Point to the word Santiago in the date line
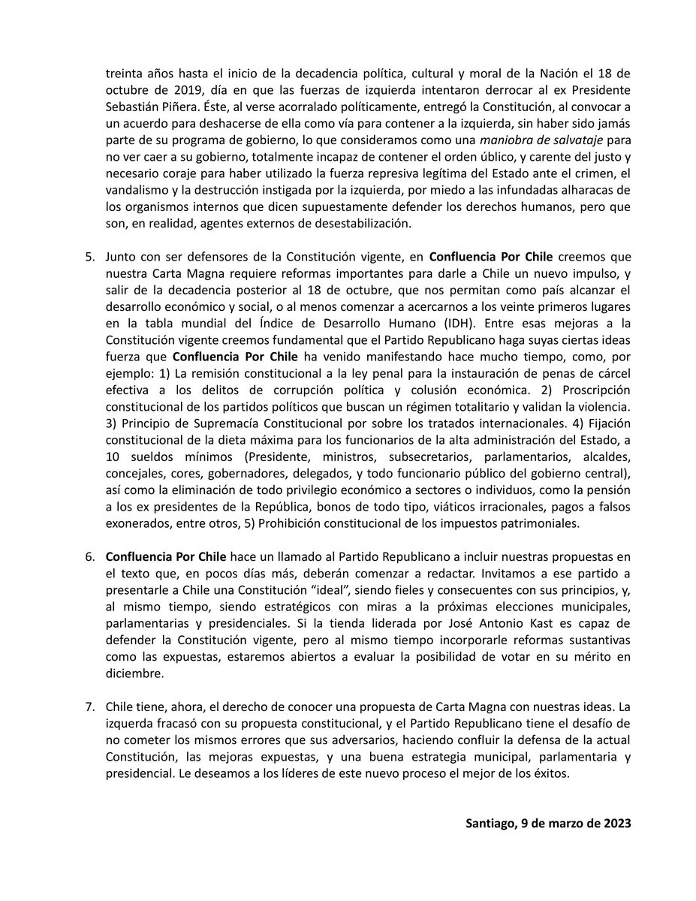pyautogui.click(x=490, y=822)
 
